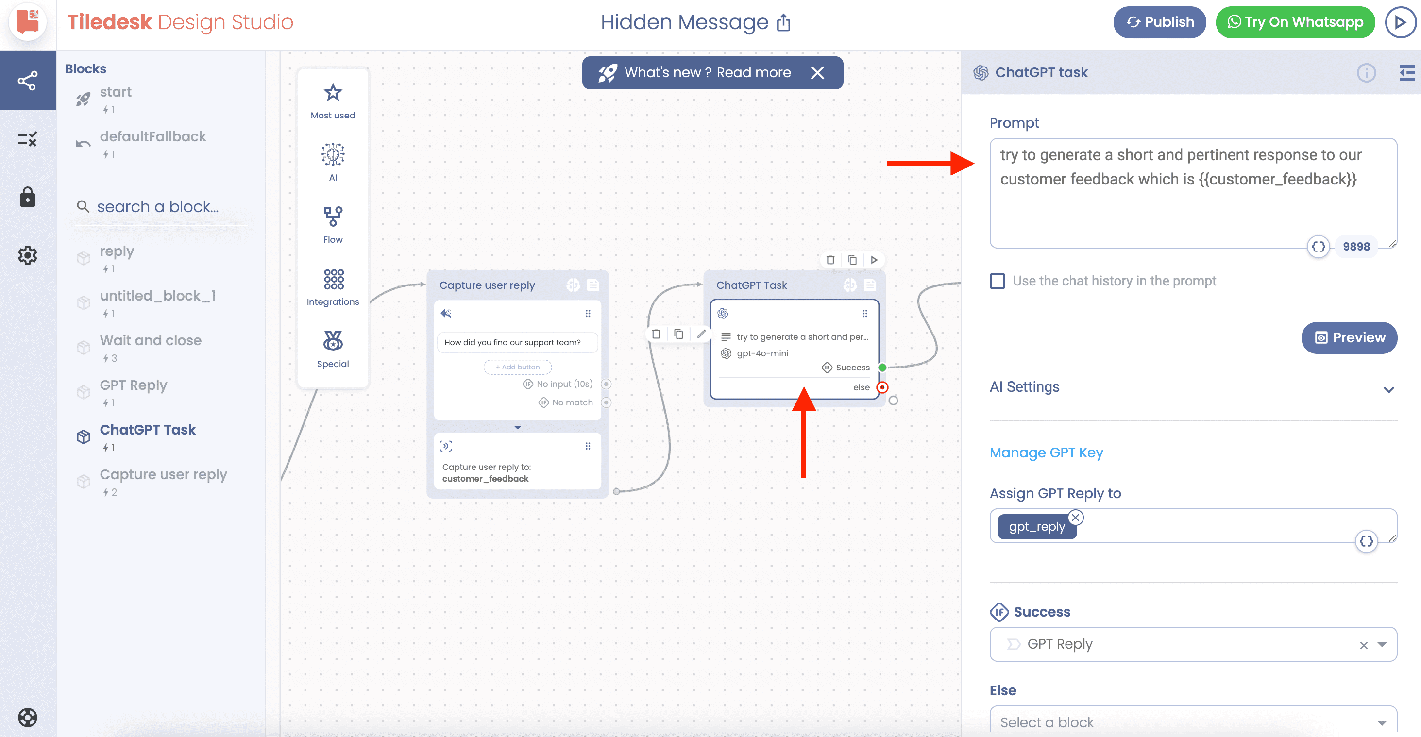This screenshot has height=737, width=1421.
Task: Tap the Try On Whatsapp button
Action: [1295, 22]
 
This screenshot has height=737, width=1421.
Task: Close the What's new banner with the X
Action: [817, 73]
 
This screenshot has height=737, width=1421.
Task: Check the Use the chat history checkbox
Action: [998, 281]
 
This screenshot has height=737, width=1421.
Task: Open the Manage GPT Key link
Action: [1046, 452]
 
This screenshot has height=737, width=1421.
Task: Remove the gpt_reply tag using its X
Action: [1075, 518]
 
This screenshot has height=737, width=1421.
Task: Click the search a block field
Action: [160, 207]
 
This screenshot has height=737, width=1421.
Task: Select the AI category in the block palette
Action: [333, 162]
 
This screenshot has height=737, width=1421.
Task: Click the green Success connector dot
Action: [882, 368]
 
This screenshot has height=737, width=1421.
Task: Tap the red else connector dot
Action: [882, 387]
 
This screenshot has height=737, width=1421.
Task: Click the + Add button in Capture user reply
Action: [517, 367]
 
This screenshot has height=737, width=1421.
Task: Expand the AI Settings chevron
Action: [1388, 390]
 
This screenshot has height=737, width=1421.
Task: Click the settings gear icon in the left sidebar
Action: [28, 255]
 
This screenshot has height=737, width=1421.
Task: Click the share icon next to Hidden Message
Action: [784, 23]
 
